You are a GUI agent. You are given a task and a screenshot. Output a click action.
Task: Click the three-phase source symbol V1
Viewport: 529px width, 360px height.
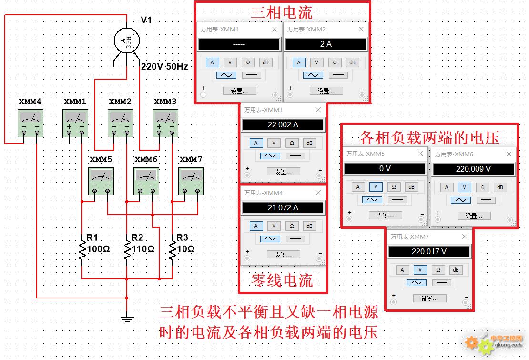coord(126,41)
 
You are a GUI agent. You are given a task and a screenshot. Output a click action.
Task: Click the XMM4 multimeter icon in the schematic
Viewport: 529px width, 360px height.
coord(31,123)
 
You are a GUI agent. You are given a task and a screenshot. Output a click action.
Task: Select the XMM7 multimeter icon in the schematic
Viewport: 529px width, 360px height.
coord(191,181)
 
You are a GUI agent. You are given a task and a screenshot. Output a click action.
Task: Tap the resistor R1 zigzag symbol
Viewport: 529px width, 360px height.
coord(82,250)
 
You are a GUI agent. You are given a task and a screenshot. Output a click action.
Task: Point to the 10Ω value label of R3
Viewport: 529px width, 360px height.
coord(186,249)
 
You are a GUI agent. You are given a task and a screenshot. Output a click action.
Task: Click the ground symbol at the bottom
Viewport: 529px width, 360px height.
coord(127,319)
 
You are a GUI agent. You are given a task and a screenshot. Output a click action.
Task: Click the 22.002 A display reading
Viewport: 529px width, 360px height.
coord(283,125)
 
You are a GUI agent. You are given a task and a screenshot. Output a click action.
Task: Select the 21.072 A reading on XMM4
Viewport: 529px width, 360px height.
coord(283,207)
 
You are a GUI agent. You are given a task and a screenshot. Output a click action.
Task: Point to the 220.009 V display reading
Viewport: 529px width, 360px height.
coord(473,169)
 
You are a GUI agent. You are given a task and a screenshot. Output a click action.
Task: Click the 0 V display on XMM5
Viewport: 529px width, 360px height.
coord(385,169)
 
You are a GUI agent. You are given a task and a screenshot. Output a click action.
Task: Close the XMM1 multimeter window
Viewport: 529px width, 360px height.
coord(275,30)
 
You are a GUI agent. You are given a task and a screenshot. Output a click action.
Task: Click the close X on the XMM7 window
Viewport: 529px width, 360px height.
coord(465,237)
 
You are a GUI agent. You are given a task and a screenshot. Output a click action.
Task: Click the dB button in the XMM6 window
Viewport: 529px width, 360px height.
coord(500,187)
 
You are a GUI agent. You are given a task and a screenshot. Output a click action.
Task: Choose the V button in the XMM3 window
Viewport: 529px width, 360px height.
coord(274,143)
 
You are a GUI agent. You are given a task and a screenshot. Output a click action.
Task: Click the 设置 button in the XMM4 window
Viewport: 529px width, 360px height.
coord(283,255)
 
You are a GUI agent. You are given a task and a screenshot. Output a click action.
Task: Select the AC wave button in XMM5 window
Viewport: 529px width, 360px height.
coord(372,200)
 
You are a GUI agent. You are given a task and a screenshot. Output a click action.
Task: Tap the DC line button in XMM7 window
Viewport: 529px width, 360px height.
coord(442,282)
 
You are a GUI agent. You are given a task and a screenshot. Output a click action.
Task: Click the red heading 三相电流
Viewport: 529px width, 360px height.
coord(282,12)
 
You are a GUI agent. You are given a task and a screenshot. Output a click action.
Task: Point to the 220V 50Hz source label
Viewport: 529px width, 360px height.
coord(164,66)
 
